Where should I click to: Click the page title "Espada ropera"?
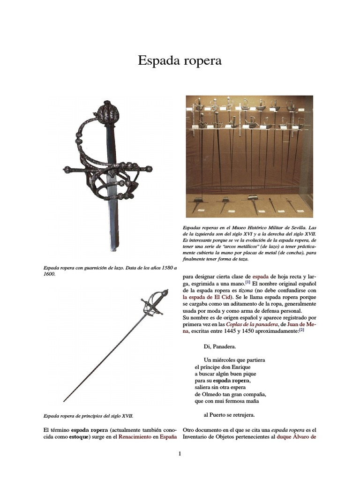[x=180, y=61]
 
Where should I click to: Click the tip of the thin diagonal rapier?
[x=64, y=401]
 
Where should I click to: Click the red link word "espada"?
[x=261, y=277]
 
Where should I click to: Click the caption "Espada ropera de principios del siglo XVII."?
[x=88, y=415]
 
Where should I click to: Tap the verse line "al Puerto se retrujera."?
[x=229, y=415]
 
